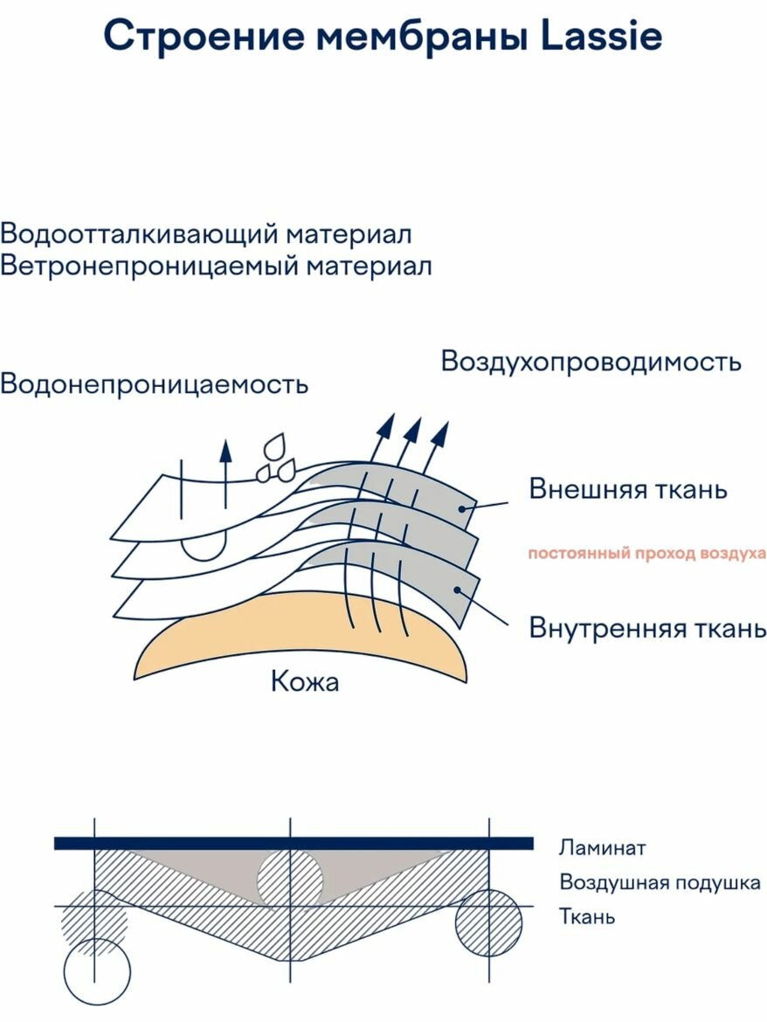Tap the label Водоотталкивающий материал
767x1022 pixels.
[206, 234]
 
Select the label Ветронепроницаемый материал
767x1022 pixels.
[216, 266]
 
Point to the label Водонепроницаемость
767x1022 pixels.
[155, 383]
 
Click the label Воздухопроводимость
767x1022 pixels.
[591, 361]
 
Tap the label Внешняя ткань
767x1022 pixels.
[627, 488]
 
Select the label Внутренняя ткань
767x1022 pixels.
[647, 627]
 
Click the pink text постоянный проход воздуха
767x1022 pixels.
[646, 553]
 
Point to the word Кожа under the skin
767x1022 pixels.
[305, 680]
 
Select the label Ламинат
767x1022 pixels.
[603, 847]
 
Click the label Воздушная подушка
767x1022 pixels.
[660, 882]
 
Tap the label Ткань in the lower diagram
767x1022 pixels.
[587, 916]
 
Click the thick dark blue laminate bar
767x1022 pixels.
[293, 843]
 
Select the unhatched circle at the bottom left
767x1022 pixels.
[97, 971]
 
